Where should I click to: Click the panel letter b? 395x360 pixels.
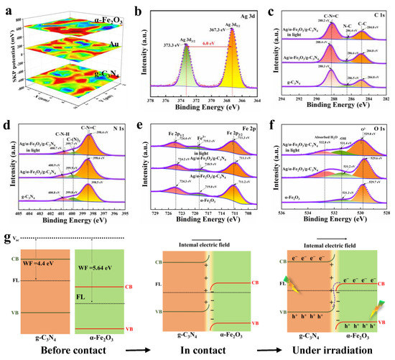coord(139,7)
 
